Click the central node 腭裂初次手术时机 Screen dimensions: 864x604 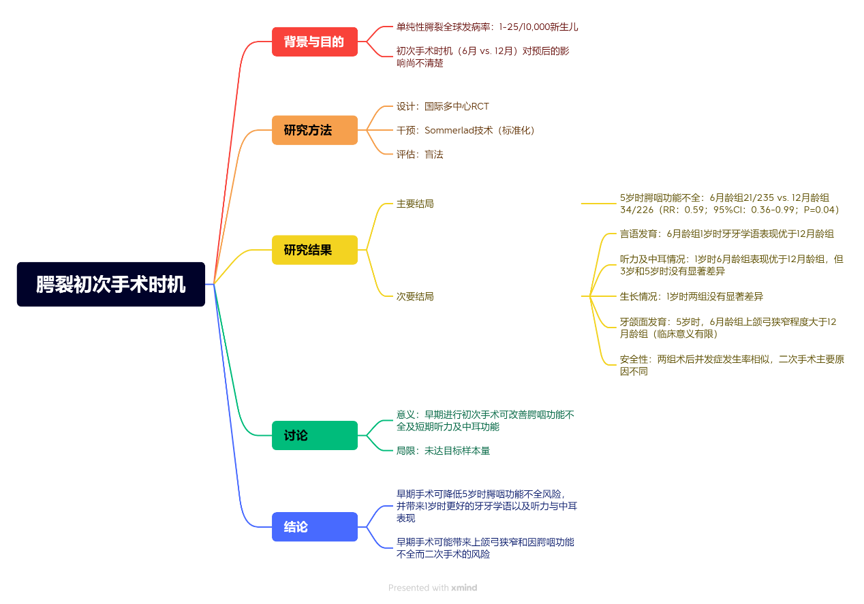pyautogui.click(x=110, y=284)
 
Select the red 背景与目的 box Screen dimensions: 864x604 pyautogui.click(x=314, y=42)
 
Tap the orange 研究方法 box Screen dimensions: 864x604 pyautogui.click(x=314, y=130)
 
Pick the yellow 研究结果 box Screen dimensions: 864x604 pyautogui.click(x=314, y=250)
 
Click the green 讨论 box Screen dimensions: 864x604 pyautogui.click(x=314, y=435)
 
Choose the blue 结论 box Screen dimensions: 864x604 pyautogui.click(x=314, y=526)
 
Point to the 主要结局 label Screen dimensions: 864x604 pyautogui.click(x=415, y=204)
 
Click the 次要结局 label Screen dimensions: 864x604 pyautogui.click(x=415, y=296)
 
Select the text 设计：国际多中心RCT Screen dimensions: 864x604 pyautogui.click(x=443, y=106)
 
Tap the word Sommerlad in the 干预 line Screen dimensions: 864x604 pyautogui.click(x=449, y=130)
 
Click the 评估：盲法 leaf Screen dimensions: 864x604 pyautogui.click(x=420, y=154)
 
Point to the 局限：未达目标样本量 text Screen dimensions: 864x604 pyautogui.click(x=443, y=450)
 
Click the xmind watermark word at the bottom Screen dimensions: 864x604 pyautogui.click(x=464, y=588)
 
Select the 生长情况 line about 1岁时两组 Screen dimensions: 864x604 pyautogui.click(x=691, y=296)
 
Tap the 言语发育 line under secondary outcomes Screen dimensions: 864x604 pyautogui.click(x=726, y=234)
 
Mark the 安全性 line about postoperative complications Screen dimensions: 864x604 pyautogui.click(x=732, y=364)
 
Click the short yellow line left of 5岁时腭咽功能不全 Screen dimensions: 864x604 pyautogui.click(x=599, y=203)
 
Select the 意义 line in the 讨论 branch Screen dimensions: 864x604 pyautogui.click(x=485, y=420)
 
